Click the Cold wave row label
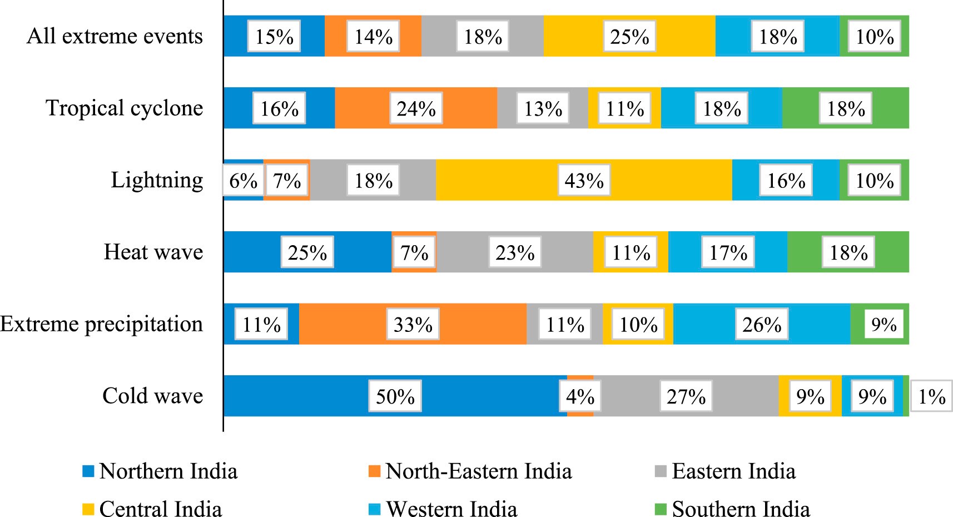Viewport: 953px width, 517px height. tap(152, 396)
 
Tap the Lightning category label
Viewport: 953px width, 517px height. tap(157, 180)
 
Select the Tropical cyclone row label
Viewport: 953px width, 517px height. tap(124, 108)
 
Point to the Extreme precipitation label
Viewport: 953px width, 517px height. tap(102, 324)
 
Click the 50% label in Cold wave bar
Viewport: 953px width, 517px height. tap(395, 396)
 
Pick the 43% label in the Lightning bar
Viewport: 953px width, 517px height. tap(584, 181)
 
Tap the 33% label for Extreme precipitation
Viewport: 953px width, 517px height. tap(413, 325)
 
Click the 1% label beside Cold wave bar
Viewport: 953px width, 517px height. tap(932, 396)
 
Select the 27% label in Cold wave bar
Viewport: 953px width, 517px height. tap(686, 396)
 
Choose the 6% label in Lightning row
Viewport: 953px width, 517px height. tap(243, 181)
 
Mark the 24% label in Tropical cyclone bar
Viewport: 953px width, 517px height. tap(416, 108)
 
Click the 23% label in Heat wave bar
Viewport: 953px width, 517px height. tap(515, 253)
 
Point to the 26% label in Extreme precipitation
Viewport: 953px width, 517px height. tap(762, 325)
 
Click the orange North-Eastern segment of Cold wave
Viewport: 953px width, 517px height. tap(580, 412)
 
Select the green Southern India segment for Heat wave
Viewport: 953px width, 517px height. tap(890, 252)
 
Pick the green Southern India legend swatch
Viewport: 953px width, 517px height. tap(660, 509)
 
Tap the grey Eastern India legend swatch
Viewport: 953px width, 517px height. tap(660, 471)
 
